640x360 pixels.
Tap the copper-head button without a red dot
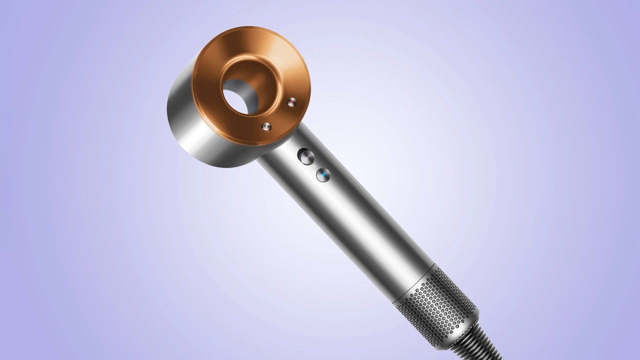click(266, 127)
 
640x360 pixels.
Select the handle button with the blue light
click(323, 175)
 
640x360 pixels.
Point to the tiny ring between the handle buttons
click(314, 165)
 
